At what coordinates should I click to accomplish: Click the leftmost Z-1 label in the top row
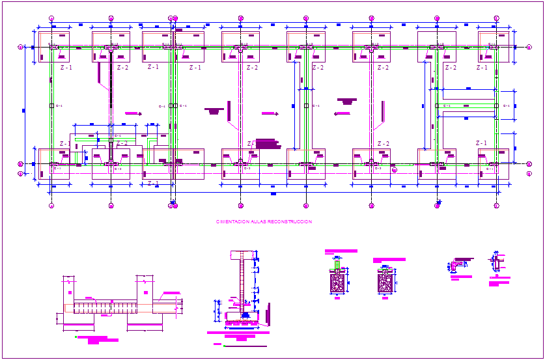(x=66, y=67)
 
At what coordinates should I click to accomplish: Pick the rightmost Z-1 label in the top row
(x=481, y=67)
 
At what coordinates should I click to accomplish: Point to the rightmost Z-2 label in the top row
(x=450, y=67)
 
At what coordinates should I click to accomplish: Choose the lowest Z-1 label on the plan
(x=153, y=183)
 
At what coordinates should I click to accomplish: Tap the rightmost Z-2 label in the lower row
(x=383, y=144)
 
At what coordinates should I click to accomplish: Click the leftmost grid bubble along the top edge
(x=51, y=18)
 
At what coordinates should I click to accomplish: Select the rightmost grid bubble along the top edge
(x=496, y=18)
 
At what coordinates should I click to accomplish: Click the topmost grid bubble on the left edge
(x=20, y=47)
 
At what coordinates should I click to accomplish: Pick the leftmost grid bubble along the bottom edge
(x=51, y=206)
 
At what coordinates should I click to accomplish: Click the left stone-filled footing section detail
(x=337, y=283)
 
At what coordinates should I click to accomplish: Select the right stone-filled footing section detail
(x=385, y=283)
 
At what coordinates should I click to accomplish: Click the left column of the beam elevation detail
(x=68, y=293)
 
